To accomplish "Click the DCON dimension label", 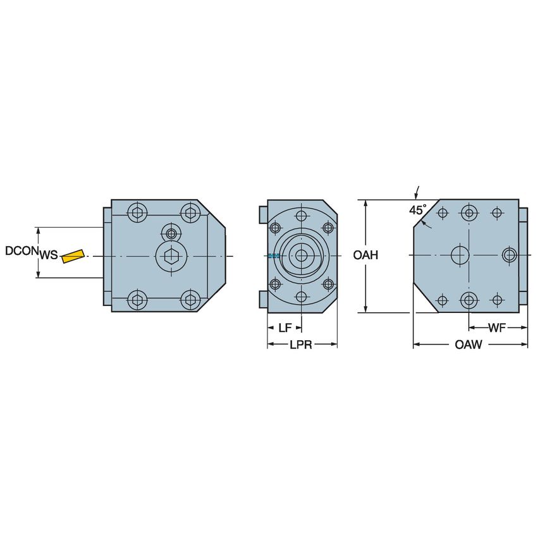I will coord(21,251).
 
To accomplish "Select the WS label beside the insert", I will coord(49,255).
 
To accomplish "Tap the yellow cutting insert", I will coord(73,255).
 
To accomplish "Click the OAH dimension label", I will coord(365,255).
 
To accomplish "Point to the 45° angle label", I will coord(417,209).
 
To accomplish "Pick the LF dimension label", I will coord(285,328).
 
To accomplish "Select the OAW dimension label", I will coord(469,345).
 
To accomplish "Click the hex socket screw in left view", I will coord(171,256).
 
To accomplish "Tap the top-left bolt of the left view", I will coord(137,212).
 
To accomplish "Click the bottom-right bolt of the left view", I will coord(190,300).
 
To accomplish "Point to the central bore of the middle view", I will coord(302,255).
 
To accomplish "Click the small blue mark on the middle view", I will coord(273,255).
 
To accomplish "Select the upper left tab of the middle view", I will coord(263,214).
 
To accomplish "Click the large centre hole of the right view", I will coord(459,255).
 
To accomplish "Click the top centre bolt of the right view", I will coord(469,212).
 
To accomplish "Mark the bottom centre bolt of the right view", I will coord(469,300).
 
